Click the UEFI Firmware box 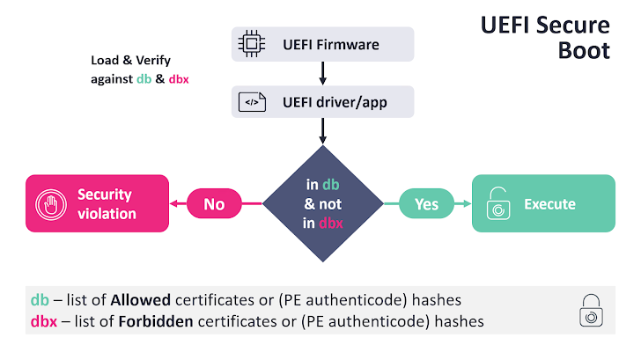click(x=322, y=44)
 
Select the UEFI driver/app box click(x=322, y=102)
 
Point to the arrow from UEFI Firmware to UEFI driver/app click(x=322, y=73)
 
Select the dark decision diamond click(x=322, y=204)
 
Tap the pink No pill click(x=214, y=204)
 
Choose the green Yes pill click(x=426, y=204)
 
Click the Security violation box click(x=96, y=203)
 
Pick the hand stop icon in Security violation click(x=50, y=204)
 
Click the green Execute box click(x=542, y=203)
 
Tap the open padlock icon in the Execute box click(x=500, y=204)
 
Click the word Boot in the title click(x=583, y=50)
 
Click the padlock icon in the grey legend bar click(x=589, y=312)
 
